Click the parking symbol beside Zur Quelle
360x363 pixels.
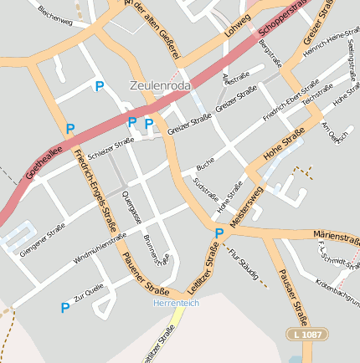[x=65, y=308]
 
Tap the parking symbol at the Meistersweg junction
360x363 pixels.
[x=219, y=233]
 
